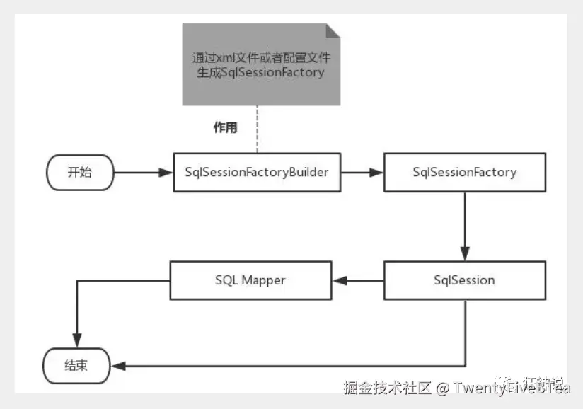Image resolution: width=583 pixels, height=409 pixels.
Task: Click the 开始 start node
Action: pyautogui.click(x=79, y=173)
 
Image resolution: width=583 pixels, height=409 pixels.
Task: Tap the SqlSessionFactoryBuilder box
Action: pyautogui.click(x=257, y=172)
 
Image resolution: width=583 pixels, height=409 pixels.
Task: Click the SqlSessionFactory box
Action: pyautogui.click(x=464, y=172)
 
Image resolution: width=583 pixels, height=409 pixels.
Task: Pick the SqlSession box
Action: pyautogui.click(x=464, y=280)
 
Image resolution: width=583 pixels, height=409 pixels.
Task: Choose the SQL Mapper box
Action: pyautogui.click(x=251, y=280)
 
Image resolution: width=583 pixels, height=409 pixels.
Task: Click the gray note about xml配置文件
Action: pyautogui.click(x=261, y=64)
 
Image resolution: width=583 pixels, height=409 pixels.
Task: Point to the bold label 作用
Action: pyautogui.click(x=225, y=128)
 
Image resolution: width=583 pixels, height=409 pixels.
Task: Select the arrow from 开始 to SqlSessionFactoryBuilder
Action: pyautogui.click(x=144, y=172)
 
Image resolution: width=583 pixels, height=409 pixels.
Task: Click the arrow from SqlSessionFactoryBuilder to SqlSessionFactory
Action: pyautogui.click(x=362, y=172)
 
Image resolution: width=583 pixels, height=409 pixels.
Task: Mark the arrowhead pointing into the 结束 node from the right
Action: pyautogui.click(x=120, y=366)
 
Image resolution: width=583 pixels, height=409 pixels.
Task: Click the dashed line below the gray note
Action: pyautogui.click(x=257, y=129)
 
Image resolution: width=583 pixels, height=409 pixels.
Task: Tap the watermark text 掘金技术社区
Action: pyautogui.click(x=386, y=388)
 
